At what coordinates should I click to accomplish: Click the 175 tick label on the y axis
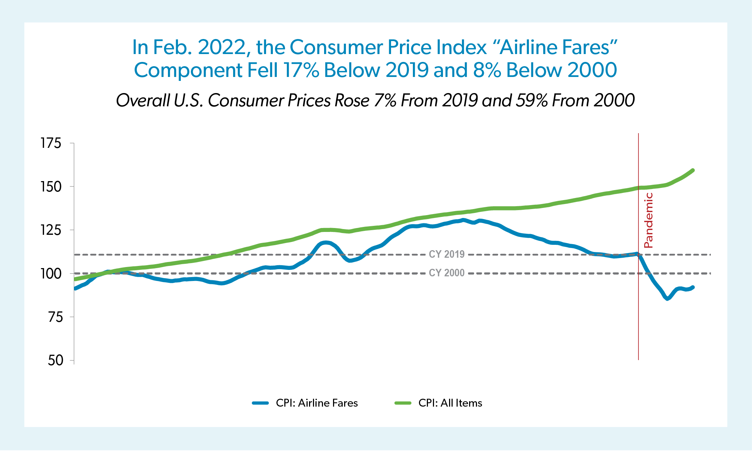click(x=51, y=143)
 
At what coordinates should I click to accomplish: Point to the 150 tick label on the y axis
click(x=51, y=187)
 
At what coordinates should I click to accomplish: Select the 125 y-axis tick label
click(x=51, y=230)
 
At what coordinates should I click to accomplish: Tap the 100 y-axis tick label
click(x=51, y=274)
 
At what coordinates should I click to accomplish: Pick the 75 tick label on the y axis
click(x=55, y=317)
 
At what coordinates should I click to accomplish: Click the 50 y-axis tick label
click(x=55, y=360)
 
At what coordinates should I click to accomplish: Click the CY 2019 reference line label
click(x=447, y=254)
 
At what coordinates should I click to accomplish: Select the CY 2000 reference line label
click(x=447, y=273)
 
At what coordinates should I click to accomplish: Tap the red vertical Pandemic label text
click(x=649, y=220)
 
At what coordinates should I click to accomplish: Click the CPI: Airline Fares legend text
click(x=317, y=403)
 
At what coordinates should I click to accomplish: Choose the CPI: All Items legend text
click(x=450, y=403)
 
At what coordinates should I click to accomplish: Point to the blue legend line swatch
click(x=260, y=403)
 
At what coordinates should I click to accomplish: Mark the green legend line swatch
click(x=403, y=403)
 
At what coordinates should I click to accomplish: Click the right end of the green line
click(x=693, y=170)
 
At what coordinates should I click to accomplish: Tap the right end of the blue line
click(x=693, y=287)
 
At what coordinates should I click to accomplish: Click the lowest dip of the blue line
click(x=667, y=299)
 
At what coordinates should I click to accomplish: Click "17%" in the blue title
click(x=301, y=70)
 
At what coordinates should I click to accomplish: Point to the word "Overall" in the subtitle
click(x=143, y=101)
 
